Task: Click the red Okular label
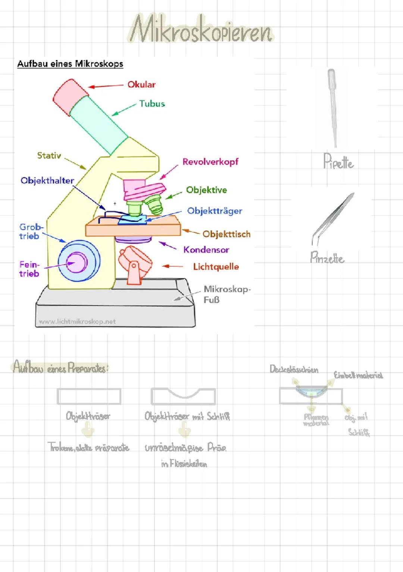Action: (x=141, y=84)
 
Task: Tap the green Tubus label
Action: (x=152, y=103)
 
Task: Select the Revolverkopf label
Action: (x=210, y=162)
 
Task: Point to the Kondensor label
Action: (x=206, y=250)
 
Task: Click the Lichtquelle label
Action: (x=216, y=267)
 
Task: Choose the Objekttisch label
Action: (x=226, y=234)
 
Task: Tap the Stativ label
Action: (x=49, y=155)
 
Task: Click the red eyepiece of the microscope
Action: (x=69, y=97)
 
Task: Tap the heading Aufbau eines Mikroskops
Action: (x=70, y=64)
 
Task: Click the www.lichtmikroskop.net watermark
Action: (x=77, y=321)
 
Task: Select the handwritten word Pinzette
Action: (x=327, y=258)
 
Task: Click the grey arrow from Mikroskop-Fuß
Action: (x=184, y=295)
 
